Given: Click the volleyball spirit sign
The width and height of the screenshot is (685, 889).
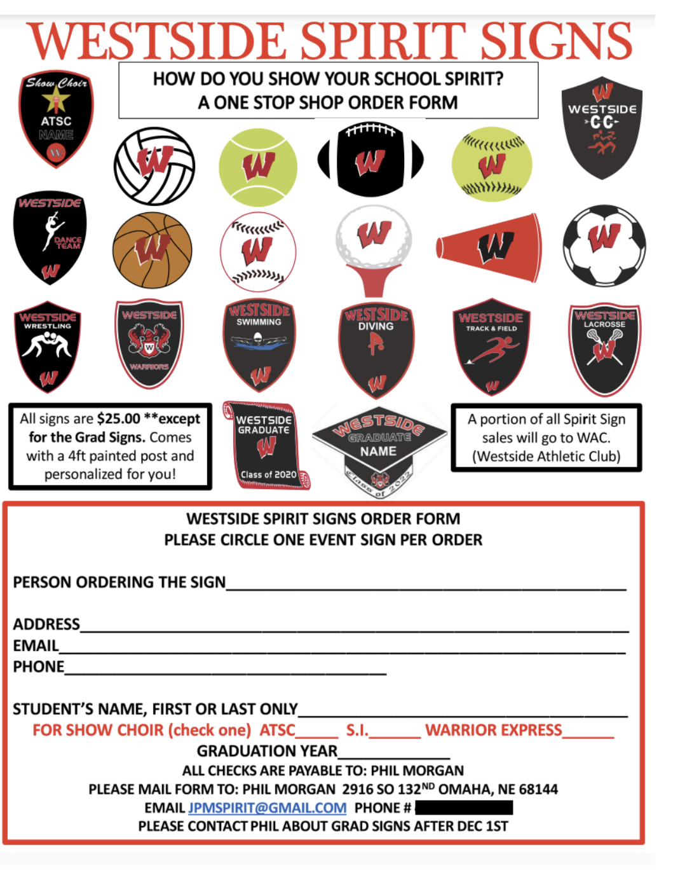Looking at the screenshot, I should tap(154, 166).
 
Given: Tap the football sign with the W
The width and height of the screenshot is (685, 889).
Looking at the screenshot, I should tap(370, 159).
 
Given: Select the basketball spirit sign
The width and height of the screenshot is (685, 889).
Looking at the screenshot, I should tap(152, 250).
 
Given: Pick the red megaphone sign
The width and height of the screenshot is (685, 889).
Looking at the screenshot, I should tap(489, 247).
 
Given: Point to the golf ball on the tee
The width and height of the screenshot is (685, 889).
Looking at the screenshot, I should tap(374, 237).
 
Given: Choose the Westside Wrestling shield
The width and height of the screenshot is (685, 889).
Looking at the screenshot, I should tap(48, 347).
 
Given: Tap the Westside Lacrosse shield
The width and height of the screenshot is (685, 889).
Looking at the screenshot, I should tap(604, 348).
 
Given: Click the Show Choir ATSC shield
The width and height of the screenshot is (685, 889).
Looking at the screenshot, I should tap(56, 118).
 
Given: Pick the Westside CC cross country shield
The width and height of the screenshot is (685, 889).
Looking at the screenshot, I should tap(602, 127).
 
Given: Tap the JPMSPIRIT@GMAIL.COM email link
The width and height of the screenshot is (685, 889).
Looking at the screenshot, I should tap(267, 808).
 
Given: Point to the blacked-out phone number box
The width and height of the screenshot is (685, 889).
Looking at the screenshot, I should tap(464, 808).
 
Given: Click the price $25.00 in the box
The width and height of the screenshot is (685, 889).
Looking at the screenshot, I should tap(119, 418).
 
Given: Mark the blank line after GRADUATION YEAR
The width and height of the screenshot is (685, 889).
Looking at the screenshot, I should tap(394, 752).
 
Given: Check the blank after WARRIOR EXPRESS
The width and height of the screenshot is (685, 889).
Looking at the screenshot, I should tap(588, 731).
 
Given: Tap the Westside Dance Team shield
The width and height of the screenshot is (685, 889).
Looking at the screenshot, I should tap(50, 237).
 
